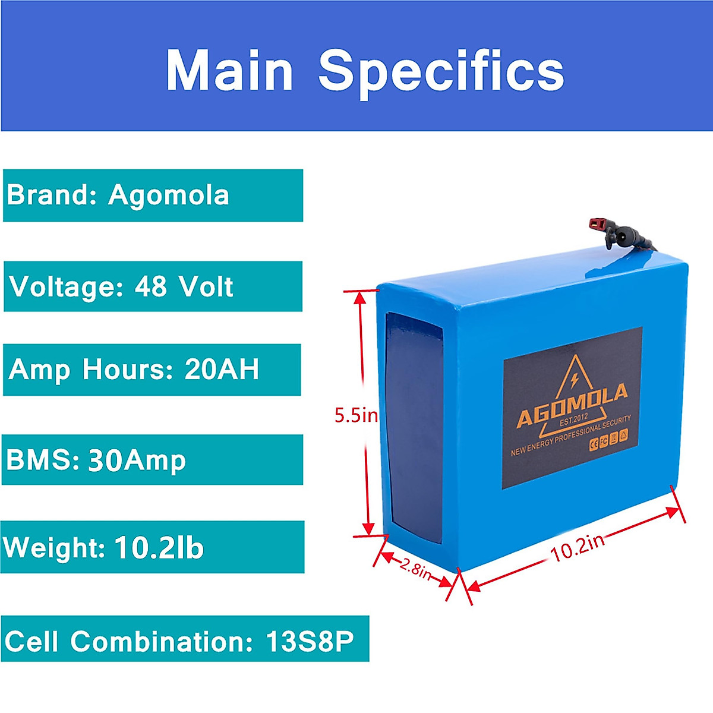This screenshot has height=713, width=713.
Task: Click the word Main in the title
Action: pos(229,71)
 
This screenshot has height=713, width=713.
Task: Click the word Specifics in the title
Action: pos(441,71)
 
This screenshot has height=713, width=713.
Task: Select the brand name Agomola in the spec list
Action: pos(169,195)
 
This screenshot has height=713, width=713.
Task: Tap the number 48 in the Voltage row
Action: pos(151,286)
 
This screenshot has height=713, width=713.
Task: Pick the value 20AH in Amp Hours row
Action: pos(222,369)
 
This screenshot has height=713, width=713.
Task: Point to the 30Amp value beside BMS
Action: pos(137,460)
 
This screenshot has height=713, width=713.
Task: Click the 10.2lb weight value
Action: pos(159,547)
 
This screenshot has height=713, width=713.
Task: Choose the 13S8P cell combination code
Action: pos(310,641)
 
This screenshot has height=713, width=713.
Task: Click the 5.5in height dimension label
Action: pos(355,415)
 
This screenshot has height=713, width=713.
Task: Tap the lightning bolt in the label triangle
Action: pos(574,378)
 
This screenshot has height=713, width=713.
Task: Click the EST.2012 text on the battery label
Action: pos(574,419)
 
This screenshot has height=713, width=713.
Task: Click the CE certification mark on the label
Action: pos(593,444)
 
